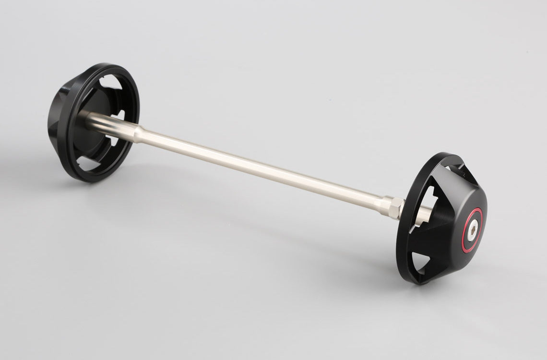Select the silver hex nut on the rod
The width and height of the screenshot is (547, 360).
(392, 208)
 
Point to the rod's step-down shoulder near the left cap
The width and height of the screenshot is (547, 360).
(138, 132)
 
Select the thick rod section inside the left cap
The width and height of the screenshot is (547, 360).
(108, 122)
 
